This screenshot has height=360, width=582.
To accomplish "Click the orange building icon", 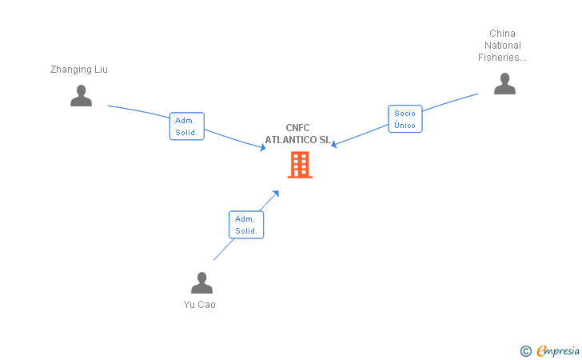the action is click(300, 165).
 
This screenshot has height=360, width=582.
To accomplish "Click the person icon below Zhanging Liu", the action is click(81, 96).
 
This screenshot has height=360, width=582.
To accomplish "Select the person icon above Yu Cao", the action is click(201, 282).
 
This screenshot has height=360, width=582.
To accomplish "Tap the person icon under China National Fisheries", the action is click(504, 83).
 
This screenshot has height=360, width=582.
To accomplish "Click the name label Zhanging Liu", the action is click(78, 70).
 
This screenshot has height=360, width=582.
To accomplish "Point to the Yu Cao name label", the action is click(199, 305).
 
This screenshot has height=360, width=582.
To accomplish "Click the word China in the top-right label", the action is click(502, 34).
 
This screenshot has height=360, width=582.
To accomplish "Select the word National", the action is click(503, 46).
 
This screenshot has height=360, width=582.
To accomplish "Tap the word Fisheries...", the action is click(499, 58).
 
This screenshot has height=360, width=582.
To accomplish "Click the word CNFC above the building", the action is click(297, 128).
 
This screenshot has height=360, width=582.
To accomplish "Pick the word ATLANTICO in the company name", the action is click(291, 140).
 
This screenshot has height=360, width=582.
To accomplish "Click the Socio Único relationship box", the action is click(405, 119).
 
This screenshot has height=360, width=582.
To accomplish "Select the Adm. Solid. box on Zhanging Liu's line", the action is click(187, 126).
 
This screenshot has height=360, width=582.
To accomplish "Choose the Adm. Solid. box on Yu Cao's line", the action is click(246, 225).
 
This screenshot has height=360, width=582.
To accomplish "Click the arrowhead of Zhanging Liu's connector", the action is click(263, 147).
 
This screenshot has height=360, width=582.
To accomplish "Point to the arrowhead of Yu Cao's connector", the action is click(276, 194).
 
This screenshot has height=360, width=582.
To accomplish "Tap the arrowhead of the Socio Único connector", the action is click(333, 144).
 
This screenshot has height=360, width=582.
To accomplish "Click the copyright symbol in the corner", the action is click(525, 351).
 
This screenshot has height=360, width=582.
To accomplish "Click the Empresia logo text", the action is click(558, 351).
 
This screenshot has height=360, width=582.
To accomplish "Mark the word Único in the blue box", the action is click(405, 125).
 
